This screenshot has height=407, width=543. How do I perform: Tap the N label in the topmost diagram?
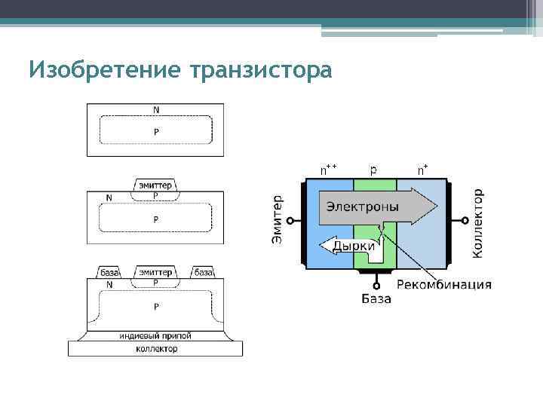tap(156, 110)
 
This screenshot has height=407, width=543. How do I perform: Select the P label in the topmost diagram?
tap(156, 131)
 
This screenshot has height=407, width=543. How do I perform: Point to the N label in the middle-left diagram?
tap(110, 198)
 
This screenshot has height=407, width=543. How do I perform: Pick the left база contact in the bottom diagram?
tap(110, 272)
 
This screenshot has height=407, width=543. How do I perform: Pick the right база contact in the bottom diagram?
tap(203, 272)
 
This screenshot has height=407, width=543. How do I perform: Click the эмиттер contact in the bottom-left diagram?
tap(156, 272)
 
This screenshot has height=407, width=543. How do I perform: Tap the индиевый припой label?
tap(156, 335)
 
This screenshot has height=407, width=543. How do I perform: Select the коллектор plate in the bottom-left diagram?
tap(156, 349)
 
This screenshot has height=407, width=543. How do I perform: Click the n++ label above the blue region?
tap(329, 170)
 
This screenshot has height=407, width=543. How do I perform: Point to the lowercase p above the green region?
tap(374, 170)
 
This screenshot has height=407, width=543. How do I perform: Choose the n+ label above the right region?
tap(424, 170)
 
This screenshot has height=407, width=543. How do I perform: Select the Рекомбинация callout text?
tap(444, 285)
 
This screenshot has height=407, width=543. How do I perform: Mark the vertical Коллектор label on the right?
tap(478, 223)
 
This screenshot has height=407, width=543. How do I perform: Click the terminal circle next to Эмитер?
tap(289, 220)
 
